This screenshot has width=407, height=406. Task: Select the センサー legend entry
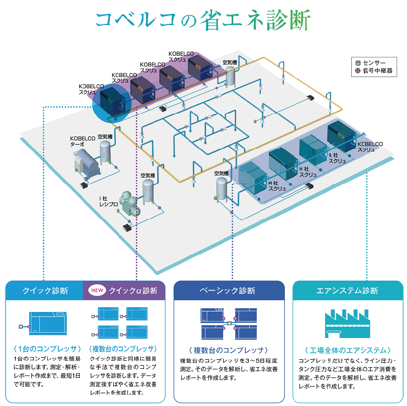tap(374, 62)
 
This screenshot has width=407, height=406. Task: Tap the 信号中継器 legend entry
tap(374, 71)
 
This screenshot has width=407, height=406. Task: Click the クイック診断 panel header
tap(45, 291)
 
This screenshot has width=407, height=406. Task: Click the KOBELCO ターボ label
tap(81, 141)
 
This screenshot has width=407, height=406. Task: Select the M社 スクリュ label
tap(277, 185)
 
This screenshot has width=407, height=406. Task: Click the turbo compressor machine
tap(86, 163)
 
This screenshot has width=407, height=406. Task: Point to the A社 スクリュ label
tap(337, 157)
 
